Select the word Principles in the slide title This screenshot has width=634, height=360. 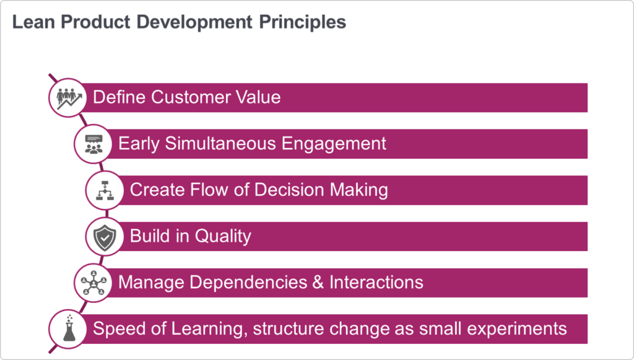[302, 22]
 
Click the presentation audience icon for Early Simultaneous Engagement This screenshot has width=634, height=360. [93, 144]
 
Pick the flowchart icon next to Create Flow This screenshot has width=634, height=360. [105, 190]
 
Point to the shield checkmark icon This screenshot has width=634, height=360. [105, 237]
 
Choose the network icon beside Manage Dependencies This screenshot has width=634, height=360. [93, 283]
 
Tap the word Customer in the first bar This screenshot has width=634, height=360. [191, 97]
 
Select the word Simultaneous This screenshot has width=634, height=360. [220, 144]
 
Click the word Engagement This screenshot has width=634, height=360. [334, 144]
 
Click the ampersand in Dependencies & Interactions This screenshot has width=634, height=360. [318, 283]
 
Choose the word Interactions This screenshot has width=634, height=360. [376, 283]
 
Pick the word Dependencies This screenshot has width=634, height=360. [248, 283]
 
